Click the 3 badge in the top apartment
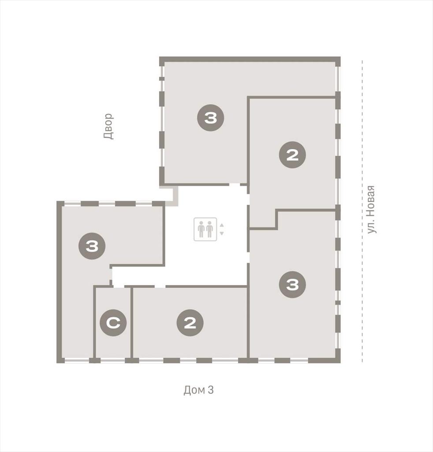point(210,118)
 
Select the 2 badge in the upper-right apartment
point(292,155)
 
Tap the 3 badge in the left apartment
point(92,246)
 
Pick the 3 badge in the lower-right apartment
point(292,285)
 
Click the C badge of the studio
point(113,323)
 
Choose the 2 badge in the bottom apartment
point(190,323)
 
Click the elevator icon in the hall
point(205,229)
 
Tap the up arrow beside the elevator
point(222,226)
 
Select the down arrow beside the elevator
point(222,233)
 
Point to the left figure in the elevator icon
point(201,230)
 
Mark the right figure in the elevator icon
point(209,230)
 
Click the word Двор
point(108,126)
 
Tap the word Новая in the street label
point(371,201)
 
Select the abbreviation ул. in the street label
point(371,226)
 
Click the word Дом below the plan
point(194,390)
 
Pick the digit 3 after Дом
point(211,390)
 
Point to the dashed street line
point(362,211)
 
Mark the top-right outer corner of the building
point(340,57)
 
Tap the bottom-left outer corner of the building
point(57,363)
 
